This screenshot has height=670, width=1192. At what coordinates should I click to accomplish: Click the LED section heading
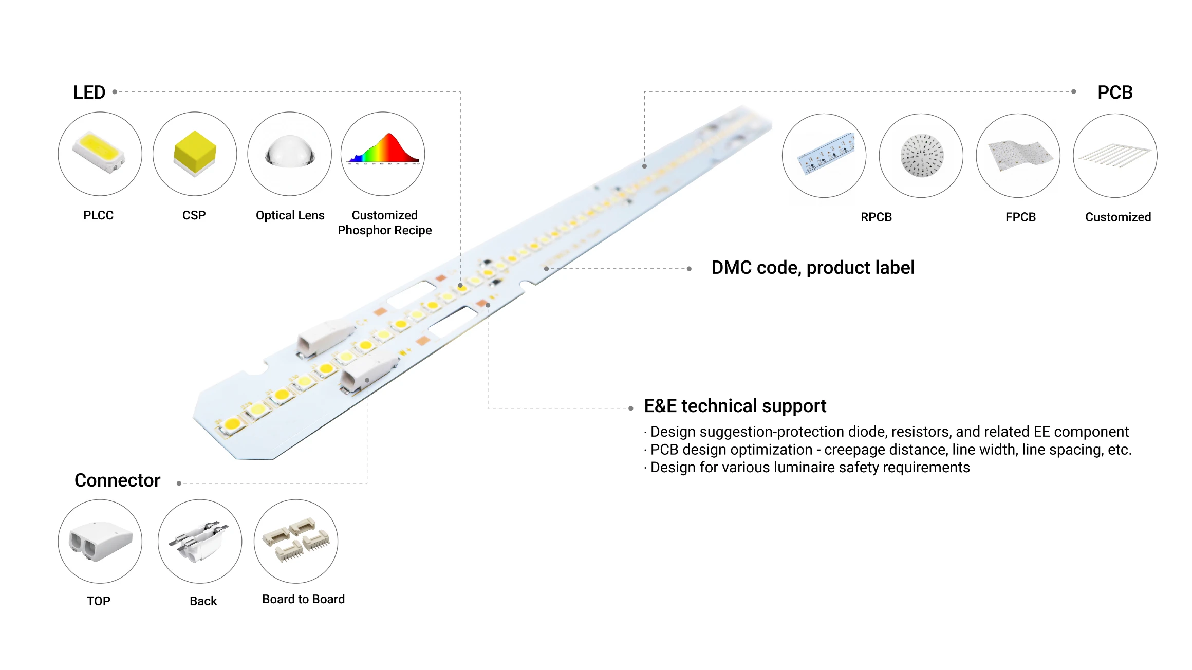89,92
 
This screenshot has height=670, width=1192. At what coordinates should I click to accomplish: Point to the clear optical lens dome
290,153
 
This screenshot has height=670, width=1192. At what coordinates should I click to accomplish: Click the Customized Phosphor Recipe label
384,222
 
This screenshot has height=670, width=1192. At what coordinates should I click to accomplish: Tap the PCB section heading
1115,92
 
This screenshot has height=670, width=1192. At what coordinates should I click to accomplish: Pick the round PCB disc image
921,155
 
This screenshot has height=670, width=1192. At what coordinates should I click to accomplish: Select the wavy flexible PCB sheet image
1018,155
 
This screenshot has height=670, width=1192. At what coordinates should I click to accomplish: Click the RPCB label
876,217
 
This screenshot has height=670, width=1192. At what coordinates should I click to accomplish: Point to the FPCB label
1020,217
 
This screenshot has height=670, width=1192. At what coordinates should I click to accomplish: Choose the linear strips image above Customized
1115,155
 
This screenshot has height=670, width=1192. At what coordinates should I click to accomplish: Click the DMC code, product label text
813,268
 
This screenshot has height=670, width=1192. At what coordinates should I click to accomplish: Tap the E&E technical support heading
735,406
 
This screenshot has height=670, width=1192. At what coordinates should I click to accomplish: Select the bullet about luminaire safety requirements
810,468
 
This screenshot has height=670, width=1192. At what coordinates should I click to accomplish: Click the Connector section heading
117,480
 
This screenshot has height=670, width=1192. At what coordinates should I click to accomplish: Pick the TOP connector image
100,541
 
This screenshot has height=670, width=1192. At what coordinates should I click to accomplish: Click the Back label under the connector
203,601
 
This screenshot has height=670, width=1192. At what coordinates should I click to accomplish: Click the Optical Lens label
290,215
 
